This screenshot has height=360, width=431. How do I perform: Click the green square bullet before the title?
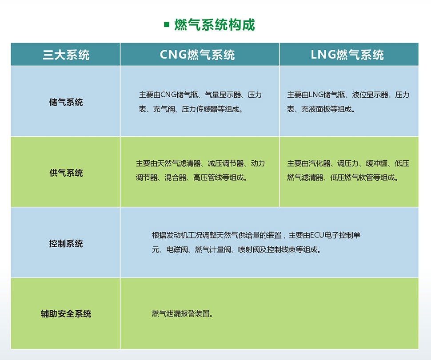(166, 25)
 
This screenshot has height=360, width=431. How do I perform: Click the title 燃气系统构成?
(215, 25)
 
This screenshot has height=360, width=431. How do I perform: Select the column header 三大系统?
(66, 55)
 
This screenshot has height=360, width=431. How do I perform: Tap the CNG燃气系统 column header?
(197, 55)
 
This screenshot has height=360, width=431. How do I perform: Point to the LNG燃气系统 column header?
(347, 55)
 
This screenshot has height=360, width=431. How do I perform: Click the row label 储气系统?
(66, 102)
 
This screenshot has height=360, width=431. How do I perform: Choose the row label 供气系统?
(66, 173)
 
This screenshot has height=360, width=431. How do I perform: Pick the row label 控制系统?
(66, 243)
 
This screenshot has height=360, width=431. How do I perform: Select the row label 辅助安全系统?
(66, 313)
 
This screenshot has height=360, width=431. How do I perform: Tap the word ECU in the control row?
(317, 235)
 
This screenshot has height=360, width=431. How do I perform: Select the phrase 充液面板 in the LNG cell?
(315, 109)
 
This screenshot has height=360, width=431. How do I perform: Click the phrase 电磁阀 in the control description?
(177, 249)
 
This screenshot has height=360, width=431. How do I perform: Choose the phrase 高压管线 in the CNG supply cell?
(208, 178)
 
